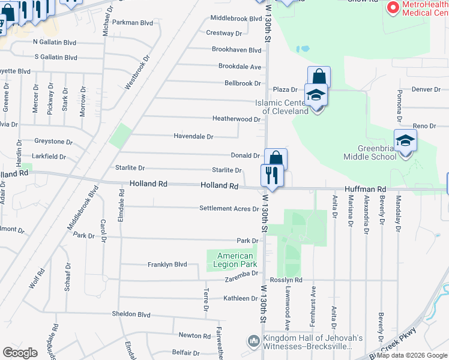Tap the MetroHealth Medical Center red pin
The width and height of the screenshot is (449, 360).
393,8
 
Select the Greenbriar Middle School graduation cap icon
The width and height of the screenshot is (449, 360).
406,141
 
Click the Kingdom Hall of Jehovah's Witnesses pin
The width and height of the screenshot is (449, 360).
254,341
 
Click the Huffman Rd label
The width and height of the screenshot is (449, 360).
365,189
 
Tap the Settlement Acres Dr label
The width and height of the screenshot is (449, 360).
229,209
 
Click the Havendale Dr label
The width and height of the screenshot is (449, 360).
193,137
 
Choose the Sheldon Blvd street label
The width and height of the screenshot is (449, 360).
131,314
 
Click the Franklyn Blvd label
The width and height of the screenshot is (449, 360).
167,264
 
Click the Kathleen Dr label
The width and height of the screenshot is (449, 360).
240,298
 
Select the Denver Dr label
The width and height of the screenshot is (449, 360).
426,89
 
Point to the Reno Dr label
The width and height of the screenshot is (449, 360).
424,126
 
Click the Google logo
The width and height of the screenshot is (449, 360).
20,352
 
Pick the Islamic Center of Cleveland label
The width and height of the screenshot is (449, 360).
281,106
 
